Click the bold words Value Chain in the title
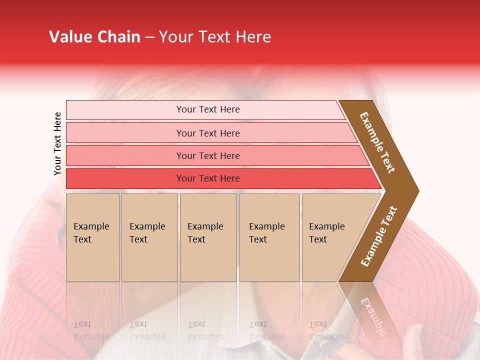[94, 37]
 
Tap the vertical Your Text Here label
[58, 143]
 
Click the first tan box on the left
[92, 260]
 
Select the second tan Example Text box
[149, 260]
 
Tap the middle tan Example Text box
[208, 260]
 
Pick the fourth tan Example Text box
[269, 260]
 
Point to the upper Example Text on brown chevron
[377, 142]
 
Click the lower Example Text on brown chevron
[379, 236]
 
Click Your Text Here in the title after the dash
[215, 37]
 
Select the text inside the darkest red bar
[208, 178]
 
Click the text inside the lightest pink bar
[208, 109]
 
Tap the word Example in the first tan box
[91, 226]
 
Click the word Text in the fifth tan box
[318, 239]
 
